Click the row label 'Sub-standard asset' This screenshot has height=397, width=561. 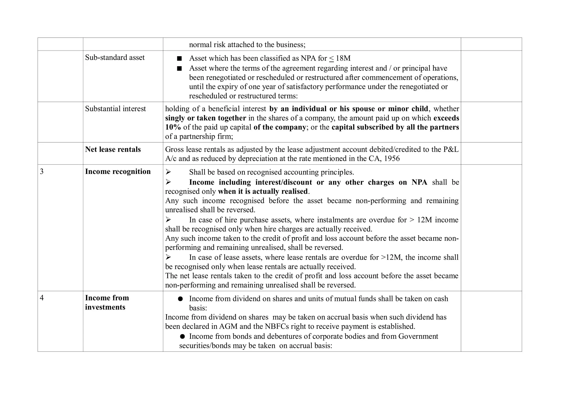(x=115, y=57)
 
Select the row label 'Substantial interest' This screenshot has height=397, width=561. (x=115, y=109)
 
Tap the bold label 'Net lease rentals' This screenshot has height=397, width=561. (x=113, y=149)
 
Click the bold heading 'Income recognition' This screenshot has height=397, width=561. (x=118, y=171)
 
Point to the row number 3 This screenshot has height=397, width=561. (x=42, y=171)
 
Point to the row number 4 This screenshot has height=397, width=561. (x=42, y=298)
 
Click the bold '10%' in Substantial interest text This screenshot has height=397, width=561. (x=173, y=127)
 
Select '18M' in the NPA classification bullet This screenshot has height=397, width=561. (x=343, y=58)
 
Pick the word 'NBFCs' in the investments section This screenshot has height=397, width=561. (x=276, y=326)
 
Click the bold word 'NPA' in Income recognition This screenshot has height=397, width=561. (x=419, y=182)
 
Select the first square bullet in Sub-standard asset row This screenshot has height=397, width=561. (x=179, y=58)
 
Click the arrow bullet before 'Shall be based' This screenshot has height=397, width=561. (x=168, y=172)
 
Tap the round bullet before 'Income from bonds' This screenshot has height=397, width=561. (x=182, y=337)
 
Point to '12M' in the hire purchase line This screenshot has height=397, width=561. (x=425, y=220)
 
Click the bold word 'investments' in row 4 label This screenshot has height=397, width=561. (x=105, y=307)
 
